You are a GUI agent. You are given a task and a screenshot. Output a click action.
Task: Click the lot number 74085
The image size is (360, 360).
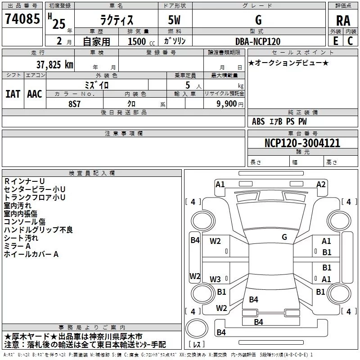22,18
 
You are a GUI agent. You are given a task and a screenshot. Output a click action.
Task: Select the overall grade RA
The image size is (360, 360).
343,21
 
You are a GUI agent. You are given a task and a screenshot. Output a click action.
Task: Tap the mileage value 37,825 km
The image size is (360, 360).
55,64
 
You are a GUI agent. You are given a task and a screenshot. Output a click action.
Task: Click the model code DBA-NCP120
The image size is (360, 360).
258,41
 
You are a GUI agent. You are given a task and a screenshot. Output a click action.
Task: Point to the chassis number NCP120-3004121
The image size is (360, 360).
302,143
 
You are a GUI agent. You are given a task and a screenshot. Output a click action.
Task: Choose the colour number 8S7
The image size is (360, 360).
74,104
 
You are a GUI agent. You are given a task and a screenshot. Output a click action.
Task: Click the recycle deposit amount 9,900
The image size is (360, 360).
226,104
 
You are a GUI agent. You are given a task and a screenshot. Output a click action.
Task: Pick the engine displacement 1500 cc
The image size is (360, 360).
141,41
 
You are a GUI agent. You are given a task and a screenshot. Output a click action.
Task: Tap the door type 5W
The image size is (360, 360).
174,20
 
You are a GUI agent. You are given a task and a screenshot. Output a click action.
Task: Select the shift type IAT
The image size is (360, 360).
13,94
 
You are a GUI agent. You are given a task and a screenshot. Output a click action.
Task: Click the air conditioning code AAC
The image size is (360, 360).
35,94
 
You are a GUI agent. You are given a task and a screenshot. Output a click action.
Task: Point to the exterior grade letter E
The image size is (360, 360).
336,41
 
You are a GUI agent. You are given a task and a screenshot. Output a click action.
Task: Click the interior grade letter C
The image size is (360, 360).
350,41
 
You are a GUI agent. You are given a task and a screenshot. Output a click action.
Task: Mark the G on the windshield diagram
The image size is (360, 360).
284,237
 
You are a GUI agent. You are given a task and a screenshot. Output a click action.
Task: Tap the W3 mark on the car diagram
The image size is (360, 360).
215,279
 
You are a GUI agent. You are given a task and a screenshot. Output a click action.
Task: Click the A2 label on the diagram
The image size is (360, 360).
321,184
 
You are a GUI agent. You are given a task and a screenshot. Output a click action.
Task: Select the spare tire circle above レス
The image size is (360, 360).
197,328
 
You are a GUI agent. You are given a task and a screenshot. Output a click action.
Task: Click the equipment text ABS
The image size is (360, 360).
258,121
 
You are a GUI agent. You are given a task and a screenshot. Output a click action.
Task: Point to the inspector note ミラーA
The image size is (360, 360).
17,246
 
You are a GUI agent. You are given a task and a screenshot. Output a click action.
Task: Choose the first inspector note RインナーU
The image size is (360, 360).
24,181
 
